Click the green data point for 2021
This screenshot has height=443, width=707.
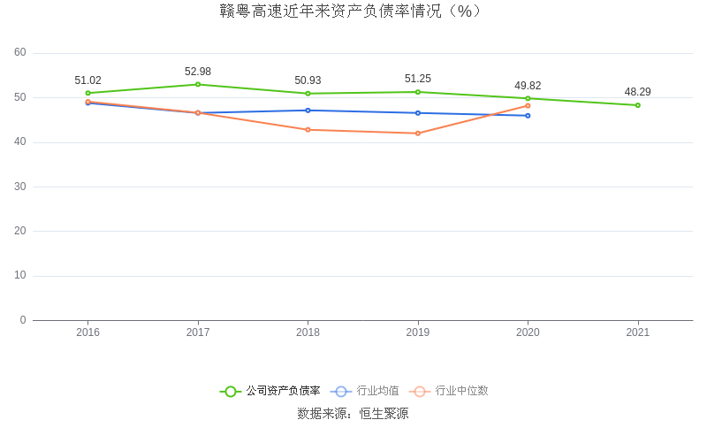[x=637, y=105]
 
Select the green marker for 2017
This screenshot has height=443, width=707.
[x=198, y=84]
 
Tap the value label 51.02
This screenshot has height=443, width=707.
[x=87, y=80]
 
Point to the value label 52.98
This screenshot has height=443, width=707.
[x=198, y=72]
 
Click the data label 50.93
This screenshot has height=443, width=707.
[x=308, y=80]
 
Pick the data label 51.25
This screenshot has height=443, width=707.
[x=418, y=79]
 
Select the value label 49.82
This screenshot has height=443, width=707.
[x=528, y=86]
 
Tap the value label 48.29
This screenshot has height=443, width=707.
[x=637, y=92]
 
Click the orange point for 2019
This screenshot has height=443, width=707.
[x=418, y=134]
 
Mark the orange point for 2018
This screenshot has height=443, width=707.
[x=308, y=130]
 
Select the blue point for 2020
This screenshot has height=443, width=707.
[x=528, y=116]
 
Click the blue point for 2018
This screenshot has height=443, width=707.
[x=308, y=111]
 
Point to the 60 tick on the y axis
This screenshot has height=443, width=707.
[x=20, y=53]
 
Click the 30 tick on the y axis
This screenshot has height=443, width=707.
[x=20, y=187]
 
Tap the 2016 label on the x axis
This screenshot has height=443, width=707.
[x=87, y=332]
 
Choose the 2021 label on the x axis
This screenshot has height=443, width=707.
[x=637, y=332]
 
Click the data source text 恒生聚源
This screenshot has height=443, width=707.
[x=384, y=414]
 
